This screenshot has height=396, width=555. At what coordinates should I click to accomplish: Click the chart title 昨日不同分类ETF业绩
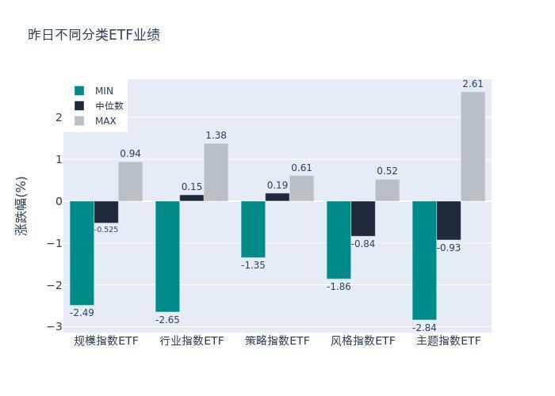coord(94,35)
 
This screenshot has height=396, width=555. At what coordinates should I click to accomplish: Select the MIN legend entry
coord(94,91)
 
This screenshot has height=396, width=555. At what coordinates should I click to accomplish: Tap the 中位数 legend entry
coord(99,105)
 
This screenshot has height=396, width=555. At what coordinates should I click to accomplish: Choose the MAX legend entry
coord(95,121)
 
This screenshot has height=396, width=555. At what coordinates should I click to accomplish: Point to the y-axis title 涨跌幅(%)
coord(21,206)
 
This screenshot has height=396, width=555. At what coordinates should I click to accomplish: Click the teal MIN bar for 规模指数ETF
coord(82,253)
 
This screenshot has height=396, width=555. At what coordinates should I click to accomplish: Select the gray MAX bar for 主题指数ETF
coord(473,147)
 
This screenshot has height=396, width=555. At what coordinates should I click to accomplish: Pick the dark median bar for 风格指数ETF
coord(363,219)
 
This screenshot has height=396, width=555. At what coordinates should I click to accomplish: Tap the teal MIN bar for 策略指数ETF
coord(253,229)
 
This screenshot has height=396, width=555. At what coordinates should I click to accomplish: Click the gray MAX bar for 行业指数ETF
coord(216,172)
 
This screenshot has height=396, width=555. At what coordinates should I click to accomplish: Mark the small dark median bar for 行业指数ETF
coord(192,198)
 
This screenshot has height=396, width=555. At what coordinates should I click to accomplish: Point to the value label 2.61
coord(473,84)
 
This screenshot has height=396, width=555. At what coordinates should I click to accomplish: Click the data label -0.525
coord(106,230)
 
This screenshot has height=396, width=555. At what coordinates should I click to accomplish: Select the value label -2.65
coord(167,320)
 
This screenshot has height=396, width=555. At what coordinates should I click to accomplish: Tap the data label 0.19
coord(277,185)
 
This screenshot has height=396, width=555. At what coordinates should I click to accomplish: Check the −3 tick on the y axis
coord(55,326)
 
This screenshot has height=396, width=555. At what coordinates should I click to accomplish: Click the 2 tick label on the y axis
coord(59,117)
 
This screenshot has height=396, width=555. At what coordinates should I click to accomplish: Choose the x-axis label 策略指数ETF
coord(277,341)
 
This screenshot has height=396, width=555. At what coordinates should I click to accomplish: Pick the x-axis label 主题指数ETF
coord(449,341)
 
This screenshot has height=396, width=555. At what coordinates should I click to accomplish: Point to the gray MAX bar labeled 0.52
coord(387,190)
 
